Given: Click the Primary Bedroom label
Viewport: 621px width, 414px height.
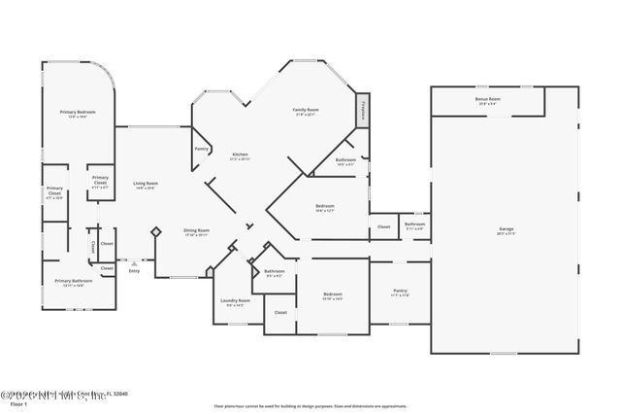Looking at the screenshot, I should [78, 114].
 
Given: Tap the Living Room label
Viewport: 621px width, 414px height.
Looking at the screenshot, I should [146, 184].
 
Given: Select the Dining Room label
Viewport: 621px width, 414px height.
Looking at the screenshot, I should [197, 231].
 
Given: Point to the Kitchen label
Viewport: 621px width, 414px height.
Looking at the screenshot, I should [240, 155].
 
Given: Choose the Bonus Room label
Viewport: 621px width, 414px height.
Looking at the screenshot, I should [488, 99].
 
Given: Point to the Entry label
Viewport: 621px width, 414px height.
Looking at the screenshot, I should [134, 271].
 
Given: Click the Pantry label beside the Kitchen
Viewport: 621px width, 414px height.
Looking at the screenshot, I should [202, 149].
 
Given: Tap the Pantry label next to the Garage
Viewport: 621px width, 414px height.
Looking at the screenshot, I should [400, 291].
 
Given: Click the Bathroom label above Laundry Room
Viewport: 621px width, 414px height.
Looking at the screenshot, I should [274, 272].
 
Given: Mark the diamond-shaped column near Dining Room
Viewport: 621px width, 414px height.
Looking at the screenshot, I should [155, 231].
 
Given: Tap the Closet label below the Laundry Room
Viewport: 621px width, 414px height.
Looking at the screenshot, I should [280, 312].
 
